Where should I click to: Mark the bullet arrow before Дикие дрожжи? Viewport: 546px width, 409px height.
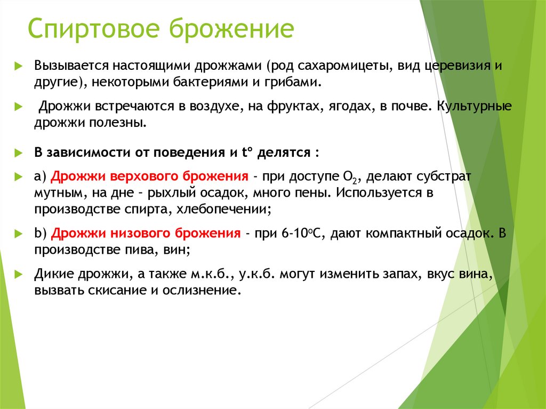[x=18, y=275]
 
